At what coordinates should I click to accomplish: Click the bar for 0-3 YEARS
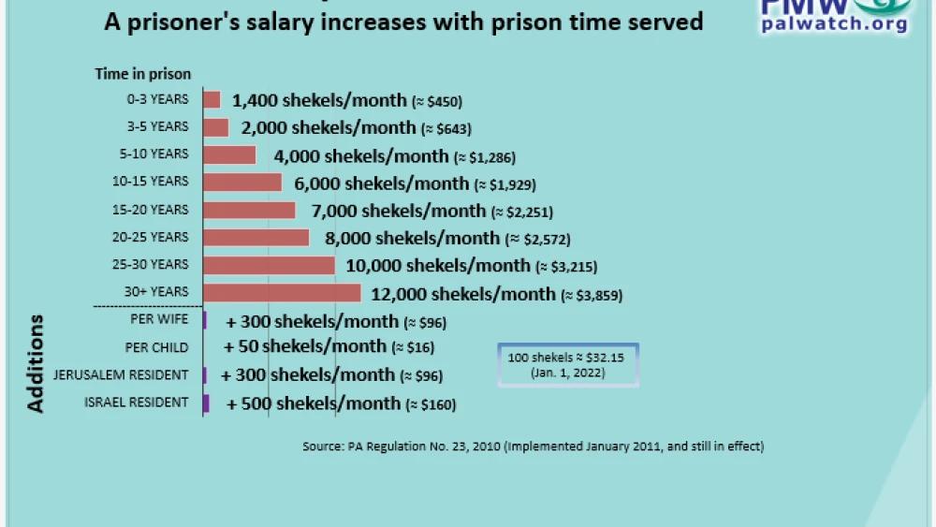pyautogui.click(x=212, y=99)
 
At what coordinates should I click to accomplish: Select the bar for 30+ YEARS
pyautogui.click(x=282, y=293)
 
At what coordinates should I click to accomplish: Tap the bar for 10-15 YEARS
pyautogui.click(x=242, y=182)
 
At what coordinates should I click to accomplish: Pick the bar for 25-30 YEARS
pyautogui.click(x=269, y=265)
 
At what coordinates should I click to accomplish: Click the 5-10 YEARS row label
pyautogui.click(x=158, y=154)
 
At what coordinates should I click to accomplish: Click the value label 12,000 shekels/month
pyautogui.click(x=463, y=294)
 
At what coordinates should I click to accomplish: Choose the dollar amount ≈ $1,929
pyautogui.click(x=505, y=184)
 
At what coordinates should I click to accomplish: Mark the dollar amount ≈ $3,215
pyautogui.click(x=566, y=267)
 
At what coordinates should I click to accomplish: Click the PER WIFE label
pyautogui.click(x=160, y=320)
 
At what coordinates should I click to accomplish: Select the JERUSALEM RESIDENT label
pyautogui.click(x=135, y=375)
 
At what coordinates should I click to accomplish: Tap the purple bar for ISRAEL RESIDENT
pyautogui.click(x=206, y=403)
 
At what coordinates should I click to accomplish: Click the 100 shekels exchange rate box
pyautogui.click(x=569, y=365)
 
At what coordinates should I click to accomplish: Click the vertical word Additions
pyautogui.click(x=36, y=364)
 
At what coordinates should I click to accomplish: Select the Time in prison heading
pyautogui.click(x=142, y=74)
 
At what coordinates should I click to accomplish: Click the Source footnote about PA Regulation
pyautogui.click(x=533, y=446)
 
